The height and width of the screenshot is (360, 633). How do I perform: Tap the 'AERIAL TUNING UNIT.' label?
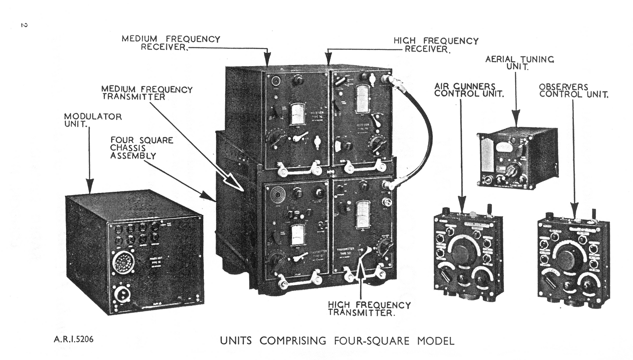tap(520, 63)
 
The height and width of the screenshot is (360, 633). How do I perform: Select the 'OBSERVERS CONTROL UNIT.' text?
tap(573, 91)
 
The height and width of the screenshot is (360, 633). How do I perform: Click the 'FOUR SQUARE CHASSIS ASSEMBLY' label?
tap(141, 148)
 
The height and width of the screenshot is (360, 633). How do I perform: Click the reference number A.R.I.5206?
tap(74, 339)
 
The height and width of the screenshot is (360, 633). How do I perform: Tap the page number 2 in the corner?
tap(24, 25)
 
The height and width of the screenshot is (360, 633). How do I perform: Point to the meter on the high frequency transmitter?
tap(363, 215)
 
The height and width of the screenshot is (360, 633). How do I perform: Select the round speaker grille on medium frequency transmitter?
tap(277, 195)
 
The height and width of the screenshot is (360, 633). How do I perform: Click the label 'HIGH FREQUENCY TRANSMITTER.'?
tap(369, 308)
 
